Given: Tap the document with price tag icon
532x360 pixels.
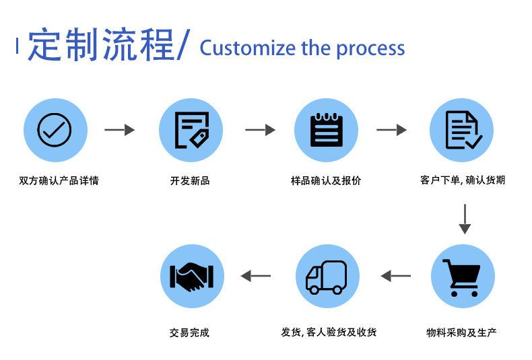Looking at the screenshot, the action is tap(192, 130).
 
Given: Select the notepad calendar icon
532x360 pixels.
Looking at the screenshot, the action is tap(327, 130).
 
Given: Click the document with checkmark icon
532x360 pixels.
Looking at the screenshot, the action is tap(463, 130).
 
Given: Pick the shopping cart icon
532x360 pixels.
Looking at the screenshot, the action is tap(461, 278).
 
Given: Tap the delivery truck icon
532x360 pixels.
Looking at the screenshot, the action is tap(327, 277).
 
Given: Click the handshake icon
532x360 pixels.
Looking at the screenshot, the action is tap(192, 277).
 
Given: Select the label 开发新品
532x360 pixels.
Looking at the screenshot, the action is tap(190, 181).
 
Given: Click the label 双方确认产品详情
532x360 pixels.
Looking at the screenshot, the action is tap(59, 181).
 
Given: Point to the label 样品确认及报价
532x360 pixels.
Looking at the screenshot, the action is tap(326, 181).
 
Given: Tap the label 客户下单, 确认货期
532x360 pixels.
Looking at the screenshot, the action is tap(463, 180).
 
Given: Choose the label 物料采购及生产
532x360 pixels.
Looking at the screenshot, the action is tap(461, 332).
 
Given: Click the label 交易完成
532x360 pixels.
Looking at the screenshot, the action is tap(189, 332).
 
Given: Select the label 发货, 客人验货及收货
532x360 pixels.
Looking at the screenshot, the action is tap(329, 332).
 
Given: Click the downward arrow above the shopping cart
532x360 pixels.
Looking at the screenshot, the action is tap(465, 219).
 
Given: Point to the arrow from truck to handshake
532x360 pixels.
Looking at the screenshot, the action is tap(256, 276).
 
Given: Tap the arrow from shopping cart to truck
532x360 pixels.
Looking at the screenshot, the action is tap(395, 276).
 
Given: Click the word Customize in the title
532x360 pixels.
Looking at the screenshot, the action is tap(247, 48).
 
